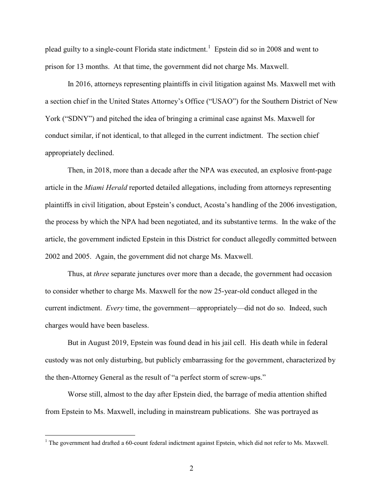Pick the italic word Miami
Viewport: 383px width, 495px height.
click(x=94, y=188)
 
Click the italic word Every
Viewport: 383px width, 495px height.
click(x=115, y=308)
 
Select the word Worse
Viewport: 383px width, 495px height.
click(x=79, y=395)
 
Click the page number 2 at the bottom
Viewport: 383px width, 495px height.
click(x=191, y=469)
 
